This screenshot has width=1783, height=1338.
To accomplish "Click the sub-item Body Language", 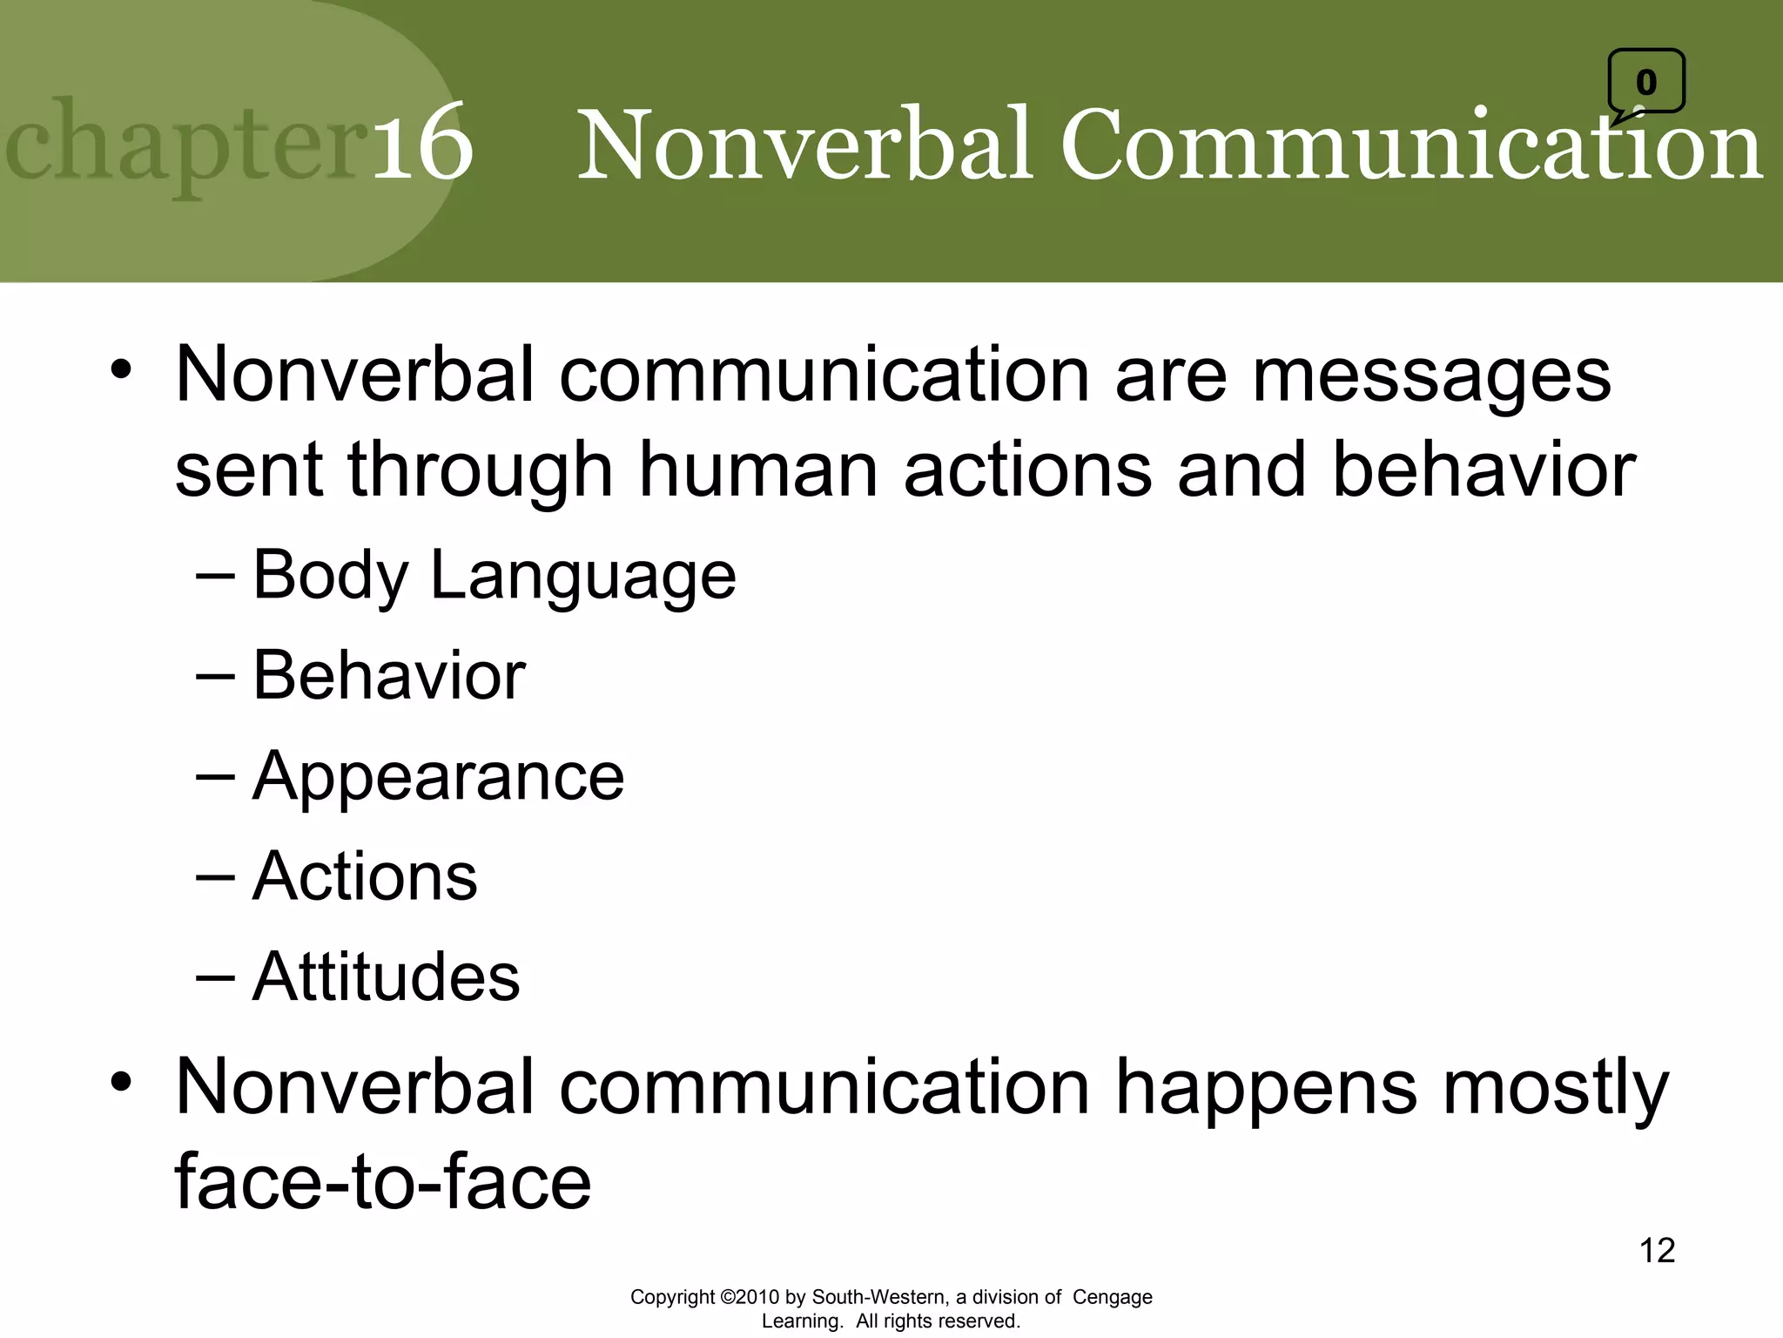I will (x=494, y=576).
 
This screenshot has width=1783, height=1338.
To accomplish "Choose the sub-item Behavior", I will (x=388, y=676).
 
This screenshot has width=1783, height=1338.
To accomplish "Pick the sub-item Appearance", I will (x=438, y=776).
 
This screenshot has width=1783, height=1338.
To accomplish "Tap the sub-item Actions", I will (x=365, y=876).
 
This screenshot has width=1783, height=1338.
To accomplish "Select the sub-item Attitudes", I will (x=386, y=976).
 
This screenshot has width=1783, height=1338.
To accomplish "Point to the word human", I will (x=758, y=470).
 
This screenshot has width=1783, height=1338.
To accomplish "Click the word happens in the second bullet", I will (x=1266, y=1087).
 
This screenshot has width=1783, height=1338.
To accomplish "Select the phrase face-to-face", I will (x=383, y=1182).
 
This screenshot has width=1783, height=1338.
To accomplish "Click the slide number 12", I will (x=1657, y=1251).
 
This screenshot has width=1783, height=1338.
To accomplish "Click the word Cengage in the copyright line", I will (x=1112, y=1297).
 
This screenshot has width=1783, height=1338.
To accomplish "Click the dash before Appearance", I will (x=215, y=776).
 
